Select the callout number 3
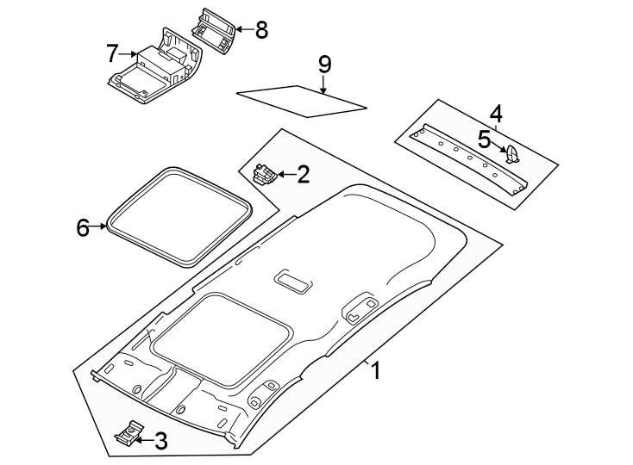(161, 442)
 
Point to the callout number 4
(495, 114)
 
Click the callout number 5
(485, 139)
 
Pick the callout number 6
(83, 227)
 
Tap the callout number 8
(261, 29)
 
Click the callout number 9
(324, 65)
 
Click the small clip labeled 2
(265, 174)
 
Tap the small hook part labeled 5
(512, 153)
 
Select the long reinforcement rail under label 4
(470, 159)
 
